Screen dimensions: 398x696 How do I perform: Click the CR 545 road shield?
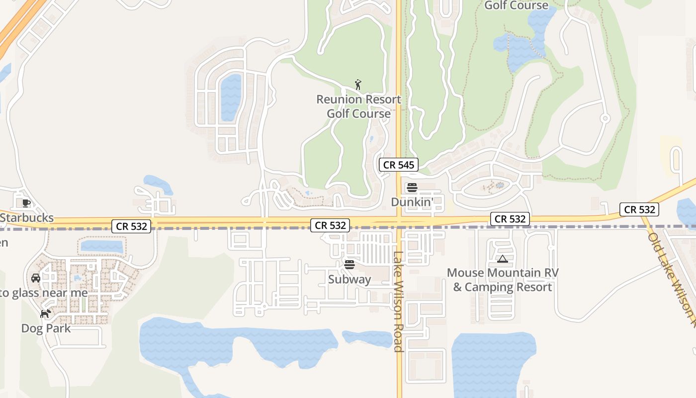pos(399,165)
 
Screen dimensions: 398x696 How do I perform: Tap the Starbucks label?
pos(27,218)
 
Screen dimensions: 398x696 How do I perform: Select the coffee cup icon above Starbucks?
pos(26,203)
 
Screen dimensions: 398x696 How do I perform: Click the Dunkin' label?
pos(412,202)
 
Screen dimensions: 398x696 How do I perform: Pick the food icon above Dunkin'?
pos(412,188)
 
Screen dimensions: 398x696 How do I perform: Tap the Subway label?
pos(349,279)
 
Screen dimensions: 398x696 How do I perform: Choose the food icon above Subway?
pos(349,264)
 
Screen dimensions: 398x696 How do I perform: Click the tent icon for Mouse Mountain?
pos(503,259)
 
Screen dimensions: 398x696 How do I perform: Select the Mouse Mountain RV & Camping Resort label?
pos(503,280)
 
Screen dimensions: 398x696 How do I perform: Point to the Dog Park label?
pos(46,328)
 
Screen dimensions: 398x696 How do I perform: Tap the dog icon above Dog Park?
pos(46,313)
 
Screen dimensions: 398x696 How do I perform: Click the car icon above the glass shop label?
pos(36,278)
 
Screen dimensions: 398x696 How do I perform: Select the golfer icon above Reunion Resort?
pos(358,85)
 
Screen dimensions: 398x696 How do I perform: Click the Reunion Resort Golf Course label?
pos(358,106)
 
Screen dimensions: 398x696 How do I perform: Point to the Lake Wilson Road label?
pos(398,301)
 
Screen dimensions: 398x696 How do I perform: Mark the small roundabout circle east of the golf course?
pos(605,118)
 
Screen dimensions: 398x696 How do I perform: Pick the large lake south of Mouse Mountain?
pos(493,363)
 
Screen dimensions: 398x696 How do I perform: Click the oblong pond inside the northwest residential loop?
pos(231,97)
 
